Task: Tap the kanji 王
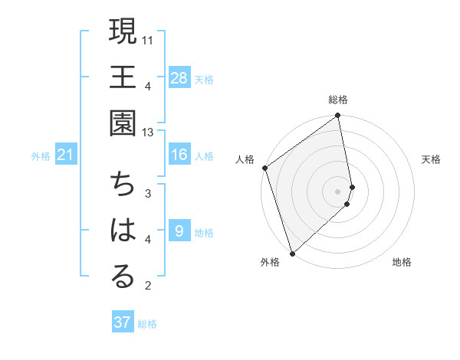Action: pos(123,77)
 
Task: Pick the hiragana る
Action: pos(123,277)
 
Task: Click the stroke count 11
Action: pos(149,38)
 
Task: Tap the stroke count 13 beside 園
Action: pos(149,133)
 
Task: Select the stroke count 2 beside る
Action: pos(148,286)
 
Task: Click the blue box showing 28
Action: pos(179,77)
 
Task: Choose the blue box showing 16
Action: pos(179,155)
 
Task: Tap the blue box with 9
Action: pos(179,231)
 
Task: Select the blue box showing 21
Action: pos(65,155)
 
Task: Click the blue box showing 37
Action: pos(123,322)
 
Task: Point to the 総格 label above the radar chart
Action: pos(338,100)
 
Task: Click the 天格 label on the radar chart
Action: pos(431,159)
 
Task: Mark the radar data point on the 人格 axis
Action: pos(264,168)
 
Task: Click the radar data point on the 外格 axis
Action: pos(292,253)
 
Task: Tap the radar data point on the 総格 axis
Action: pos(338,116)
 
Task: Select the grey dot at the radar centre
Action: pos(338,191)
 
